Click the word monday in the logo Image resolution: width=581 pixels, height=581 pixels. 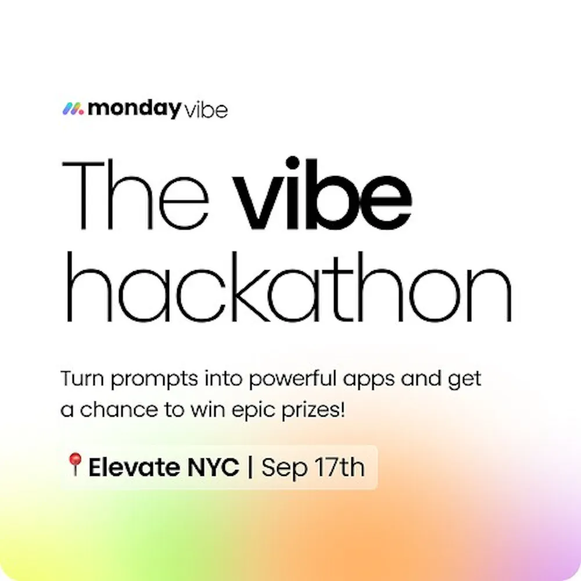click(134, 109)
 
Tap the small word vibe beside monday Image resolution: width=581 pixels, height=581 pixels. click(206, 110)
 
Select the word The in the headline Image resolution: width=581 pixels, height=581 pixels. click(135, 196)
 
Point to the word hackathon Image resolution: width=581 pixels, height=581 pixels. click(289, 286)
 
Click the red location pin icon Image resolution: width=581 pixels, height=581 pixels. click(75, 464)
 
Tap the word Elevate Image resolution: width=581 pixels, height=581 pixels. click(135, 467)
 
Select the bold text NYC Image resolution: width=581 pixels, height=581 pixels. click(213, 467)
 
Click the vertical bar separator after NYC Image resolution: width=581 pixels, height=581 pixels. click(250, 467)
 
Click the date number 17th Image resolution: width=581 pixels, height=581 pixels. click(339, 467)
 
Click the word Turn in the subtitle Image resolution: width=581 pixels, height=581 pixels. click(82, 379)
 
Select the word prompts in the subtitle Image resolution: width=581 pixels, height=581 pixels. click(155, 380)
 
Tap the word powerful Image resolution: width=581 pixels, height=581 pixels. click(292, 379)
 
